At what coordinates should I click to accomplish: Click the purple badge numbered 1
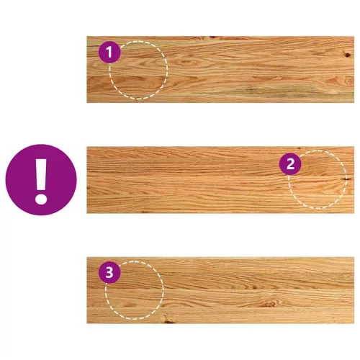[109, 52]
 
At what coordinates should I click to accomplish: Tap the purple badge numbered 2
[290, 164]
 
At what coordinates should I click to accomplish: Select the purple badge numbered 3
[109, 272]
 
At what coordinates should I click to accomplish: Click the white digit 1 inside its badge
[109, 52]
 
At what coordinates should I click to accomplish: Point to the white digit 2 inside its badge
[290, 164]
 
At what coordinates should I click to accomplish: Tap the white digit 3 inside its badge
[109, 272]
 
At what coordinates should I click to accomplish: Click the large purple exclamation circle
[41, 180]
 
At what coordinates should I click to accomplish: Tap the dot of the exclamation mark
[41, 199]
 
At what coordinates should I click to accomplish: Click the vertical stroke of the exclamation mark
[41, 174]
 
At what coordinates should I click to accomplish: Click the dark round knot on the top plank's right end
[347, 55]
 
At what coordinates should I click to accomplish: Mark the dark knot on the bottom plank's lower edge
[167, 320]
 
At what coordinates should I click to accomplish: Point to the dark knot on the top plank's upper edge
[212, 37]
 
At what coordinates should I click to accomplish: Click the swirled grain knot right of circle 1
[186, 63]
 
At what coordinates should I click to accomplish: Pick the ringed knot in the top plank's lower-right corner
[348, 80]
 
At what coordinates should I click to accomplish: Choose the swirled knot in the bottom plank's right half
[269, 304]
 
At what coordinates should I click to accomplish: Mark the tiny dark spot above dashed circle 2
[299, 148]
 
